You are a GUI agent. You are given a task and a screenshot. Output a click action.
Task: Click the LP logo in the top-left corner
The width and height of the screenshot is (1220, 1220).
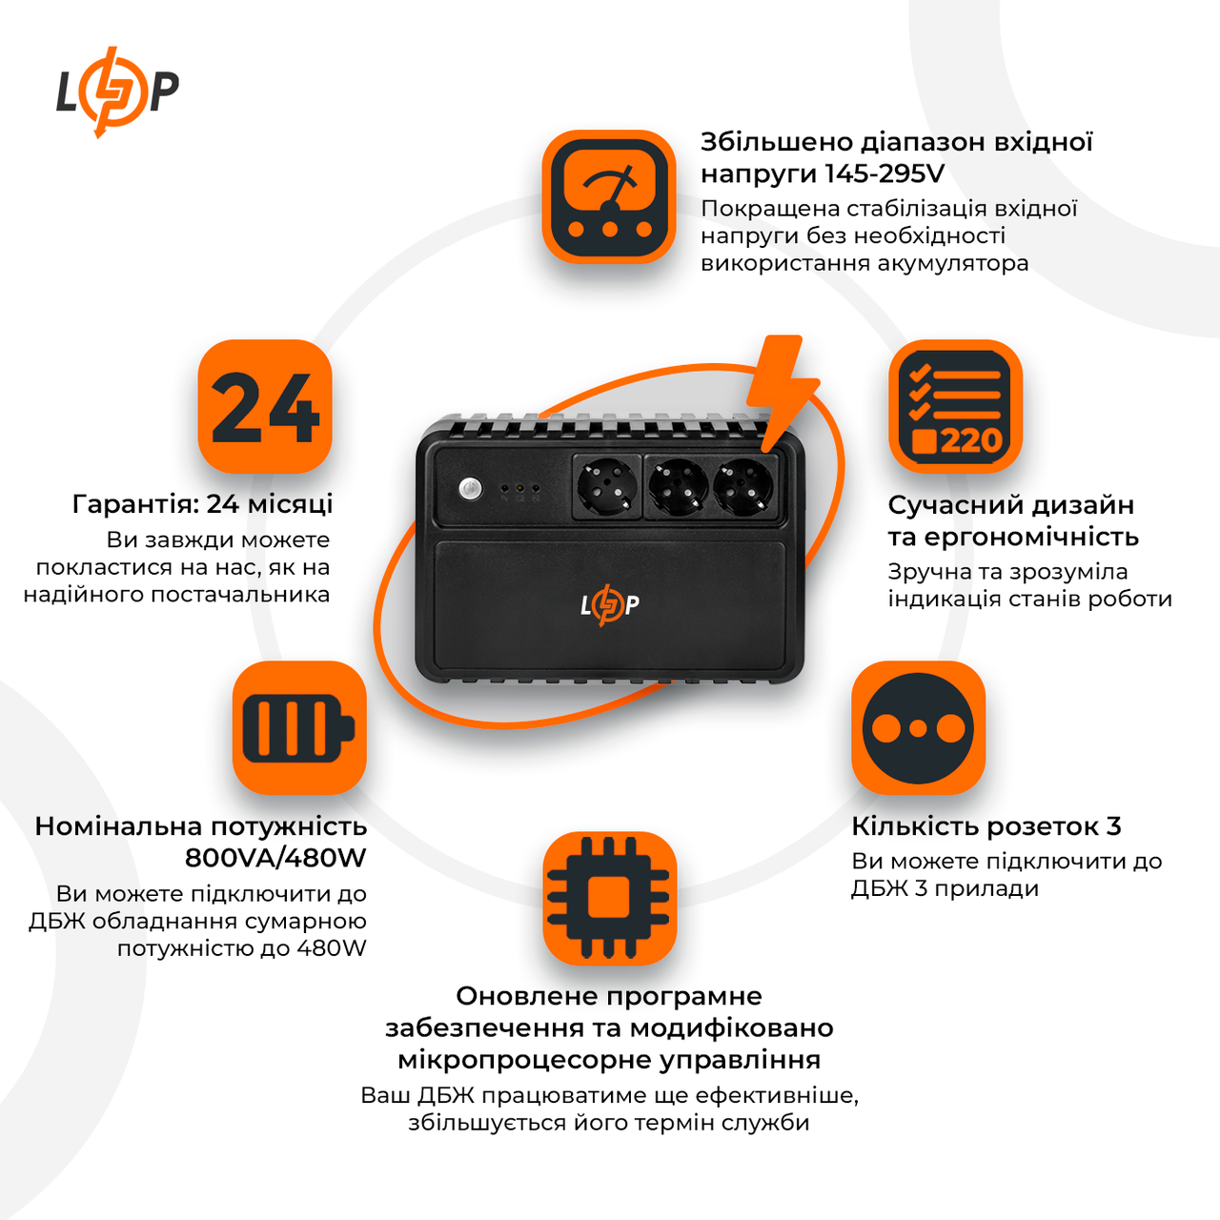click(116, 91)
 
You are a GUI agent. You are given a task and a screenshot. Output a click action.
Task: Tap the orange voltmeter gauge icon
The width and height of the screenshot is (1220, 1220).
click(609, 197)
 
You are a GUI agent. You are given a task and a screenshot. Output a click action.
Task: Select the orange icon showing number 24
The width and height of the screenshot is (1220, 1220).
click(265, 407)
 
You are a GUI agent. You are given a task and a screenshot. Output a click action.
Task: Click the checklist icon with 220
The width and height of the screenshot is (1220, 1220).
click(955, 407)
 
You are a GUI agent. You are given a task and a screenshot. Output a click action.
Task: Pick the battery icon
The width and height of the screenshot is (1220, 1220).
click(299, 728)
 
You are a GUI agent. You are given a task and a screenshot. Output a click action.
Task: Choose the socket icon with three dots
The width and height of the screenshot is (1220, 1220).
click(918, 728)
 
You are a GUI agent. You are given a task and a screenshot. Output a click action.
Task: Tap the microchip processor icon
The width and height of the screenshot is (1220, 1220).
click(609, 898)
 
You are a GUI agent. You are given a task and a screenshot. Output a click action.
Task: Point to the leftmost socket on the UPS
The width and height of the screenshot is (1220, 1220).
click(606, 486)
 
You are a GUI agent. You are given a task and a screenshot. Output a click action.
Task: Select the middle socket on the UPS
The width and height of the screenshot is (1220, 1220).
click(678, 486)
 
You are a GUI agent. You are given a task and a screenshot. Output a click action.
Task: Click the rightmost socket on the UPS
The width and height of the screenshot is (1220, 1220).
click(742, 486)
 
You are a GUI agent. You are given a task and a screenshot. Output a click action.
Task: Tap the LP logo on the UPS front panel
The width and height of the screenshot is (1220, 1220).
click(609, 604)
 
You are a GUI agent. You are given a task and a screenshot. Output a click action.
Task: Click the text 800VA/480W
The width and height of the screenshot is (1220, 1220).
click(275, 858)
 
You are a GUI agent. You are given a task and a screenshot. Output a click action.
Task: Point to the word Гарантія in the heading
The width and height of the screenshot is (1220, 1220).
click(135, 504)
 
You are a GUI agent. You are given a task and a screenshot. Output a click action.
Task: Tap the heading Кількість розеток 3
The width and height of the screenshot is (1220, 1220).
click(986, 826)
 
